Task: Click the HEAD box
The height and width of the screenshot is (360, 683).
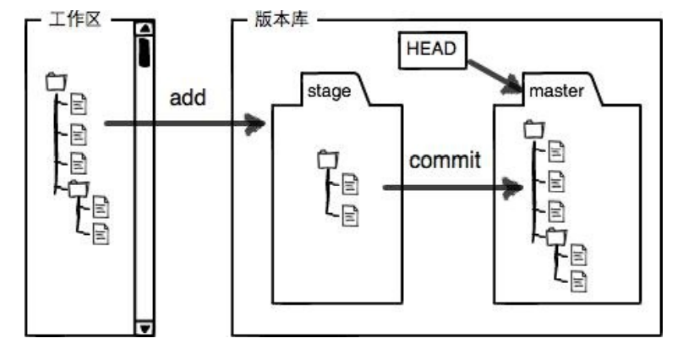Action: [433, 50]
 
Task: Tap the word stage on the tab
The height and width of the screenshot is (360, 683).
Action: [329, 91]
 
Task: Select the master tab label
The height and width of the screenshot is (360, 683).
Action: [556, 91]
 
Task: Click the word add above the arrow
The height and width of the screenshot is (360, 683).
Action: [188, 97]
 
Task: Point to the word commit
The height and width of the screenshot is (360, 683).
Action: [445, 161]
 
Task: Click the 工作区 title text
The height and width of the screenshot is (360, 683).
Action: [75, 19]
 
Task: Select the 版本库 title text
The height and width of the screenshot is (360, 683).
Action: [281, 19]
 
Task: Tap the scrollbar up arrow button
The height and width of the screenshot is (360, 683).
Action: [145, 28]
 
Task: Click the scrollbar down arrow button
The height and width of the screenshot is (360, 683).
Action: [145, 328]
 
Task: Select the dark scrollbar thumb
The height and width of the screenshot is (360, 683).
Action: [145, 52]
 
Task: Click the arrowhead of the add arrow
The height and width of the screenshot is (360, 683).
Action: [254, 123]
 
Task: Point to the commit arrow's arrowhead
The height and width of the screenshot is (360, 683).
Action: [513, 188]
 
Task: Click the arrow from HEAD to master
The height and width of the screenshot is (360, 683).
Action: [494, 77]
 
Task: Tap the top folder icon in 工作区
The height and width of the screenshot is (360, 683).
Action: [56, 82]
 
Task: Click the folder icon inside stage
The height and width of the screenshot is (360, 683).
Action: [328, 160]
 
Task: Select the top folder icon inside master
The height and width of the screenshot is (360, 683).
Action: [534, 129]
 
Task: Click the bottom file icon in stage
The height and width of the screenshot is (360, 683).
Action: [350, 215]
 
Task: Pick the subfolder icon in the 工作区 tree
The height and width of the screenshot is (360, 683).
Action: [79, 189]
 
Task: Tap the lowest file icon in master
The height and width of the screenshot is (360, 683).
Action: [578, 281]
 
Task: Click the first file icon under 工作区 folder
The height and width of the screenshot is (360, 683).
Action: [79, 104]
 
